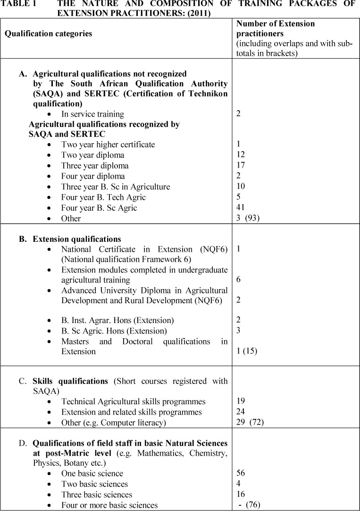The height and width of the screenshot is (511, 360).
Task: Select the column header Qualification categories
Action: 48,34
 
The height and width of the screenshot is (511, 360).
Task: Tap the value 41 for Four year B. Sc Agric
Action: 241,207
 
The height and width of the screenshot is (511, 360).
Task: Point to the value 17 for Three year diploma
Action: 241,165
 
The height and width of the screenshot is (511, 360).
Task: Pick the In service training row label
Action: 92,114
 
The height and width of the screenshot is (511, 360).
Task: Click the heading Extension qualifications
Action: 76,239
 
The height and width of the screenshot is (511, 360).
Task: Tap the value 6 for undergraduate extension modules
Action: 238,280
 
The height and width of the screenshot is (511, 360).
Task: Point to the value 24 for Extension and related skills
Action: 241,412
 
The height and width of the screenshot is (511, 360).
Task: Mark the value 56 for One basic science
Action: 241,473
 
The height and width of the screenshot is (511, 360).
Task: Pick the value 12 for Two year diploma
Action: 241,155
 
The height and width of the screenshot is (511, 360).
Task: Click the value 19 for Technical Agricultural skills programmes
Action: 241,401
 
